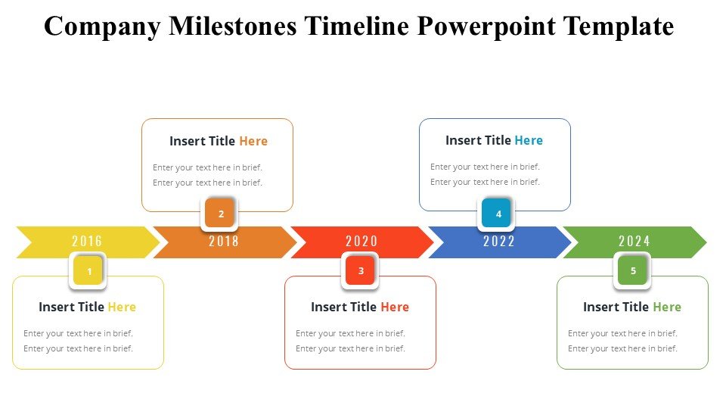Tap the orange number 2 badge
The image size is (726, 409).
click(x=219, y=214)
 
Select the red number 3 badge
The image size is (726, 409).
click(x=360, y=270)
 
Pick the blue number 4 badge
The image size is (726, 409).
click(x=496, y=214)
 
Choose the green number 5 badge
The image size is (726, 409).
click(x=632, y=270)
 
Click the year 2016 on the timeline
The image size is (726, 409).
click(x=87, y=241)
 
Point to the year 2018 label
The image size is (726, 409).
click(x=224, y=241)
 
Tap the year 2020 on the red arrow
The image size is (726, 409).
click(x=361, y=241)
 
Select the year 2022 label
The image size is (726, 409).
click(x=499, y=241)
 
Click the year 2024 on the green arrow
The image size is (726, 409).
click(x=634, y=241)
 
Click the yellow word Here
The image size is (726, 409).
click(x=122, y=307)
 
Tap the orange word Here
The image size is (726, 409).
click(x=253, y=141)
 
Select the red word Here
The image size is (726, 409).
click(x=395, y=307)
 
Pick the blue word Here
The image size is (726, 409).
click(x=529, y=140)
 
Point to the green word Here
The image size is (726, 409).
click(x=667, y=307)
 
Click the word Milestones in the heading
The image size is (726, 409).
click(x=232, y=26)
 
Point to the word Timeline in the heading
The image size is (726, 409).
click(x=356, y=26)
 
